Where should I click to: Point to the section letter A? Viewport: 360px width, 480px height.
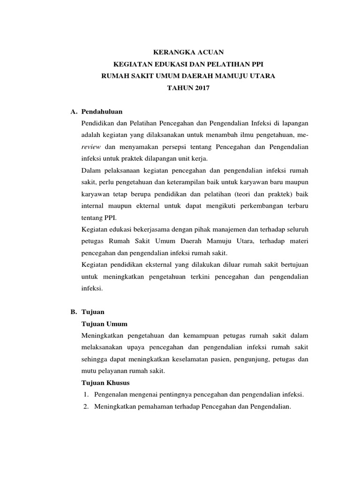[73, 112]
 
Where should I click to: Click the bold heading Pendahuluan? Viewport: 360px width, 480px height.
[102, 112]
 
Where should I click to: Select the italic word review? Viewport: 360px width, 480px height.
[90, 147]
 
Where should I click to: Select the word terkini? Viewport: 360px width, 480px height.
[198, 277]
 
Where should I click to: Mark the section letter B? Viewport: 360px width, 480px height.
[73, 312]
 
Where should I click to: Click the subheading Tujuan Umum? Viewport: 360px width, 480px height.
[105, 324]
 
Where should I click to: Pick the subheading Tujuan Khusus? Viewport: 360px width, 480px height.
[106, 382]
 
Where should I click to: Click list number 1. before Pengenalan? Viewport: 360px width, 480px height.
[86, 395]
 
